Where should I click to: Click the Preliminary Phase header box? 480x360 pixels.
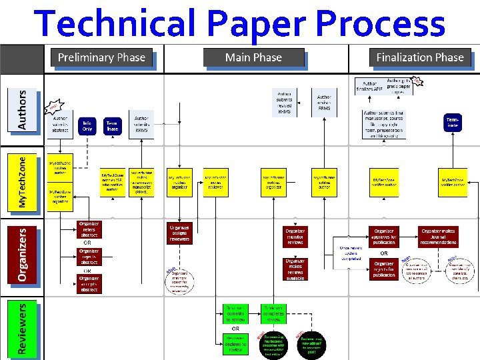click(x=101, y=57)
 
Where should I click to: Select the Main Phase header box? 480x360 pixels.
click(x=253, y=57)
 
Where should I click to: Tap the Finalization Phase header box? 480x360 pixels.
click(x=420, y=57)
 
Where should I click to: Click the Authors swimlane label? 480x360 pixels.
click(x=23, y=109)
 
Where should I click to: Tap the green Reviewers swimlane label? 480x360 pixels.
click(x=23, y=328)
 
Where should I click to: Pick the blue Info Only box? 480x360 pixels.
click(x=87, y=126)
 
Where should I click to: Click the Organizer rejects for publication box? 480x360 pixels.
click(x=384, y=269)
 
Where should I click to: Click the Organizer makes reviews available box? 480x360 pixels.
click(x=295, y=269)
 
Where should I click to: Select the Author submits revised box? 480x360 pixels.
click(x=284, y=101)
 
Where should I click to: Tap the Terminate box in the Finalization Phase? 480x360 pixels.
click(x=453, y=122)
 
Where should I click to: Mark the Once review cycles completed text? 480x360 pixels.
click(x=351, y=253)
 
